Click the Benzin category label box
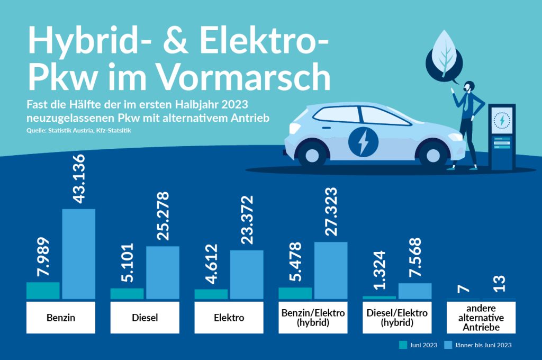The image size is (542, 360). (x=60, y=318)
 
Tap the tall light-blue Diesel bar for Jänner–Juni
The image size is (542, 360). (x=162, y=272)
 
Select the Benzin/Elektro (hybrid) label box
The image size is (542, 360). (x=313, y=318)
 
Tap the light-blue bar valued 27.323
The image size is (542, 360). (x=331, y=270)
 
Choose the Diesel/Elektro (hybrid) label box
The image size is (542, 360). (x=397, y=318)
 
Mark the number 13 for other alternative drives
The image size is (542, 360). (x=499, y=283)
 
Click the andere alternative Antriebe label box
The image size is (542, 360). (x=481, y=318)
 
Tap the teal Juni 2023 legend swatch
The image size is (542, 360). (x=403, y=345)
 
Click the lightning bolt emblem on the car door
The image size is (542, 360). (x=363, y=141)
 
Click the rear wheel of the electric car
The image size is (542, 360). (x=312, y=154)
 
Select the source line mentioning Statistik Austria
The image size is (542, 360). (x=78, y=130)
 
